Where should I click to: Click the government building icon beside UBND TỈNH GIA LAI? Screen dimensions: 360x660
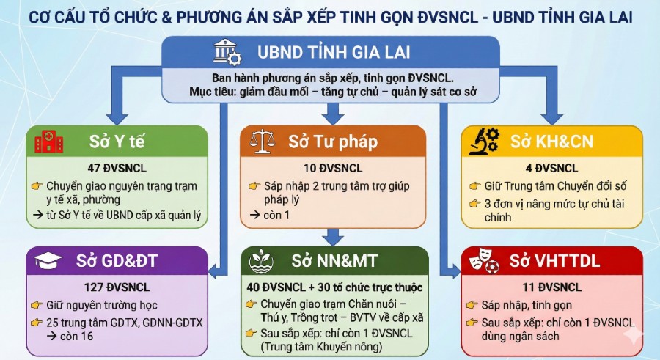pos(226,53)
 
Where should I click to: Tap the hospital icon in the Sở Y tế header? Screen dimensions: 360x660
pos(49,141)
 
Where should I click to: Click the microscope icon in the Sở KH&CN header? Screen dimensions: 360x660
pos(485,141)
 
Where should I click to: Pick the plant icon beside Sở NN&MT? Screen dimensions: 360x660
pos(263,260)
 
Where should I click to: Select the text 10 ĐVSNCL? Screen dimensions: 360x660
pos(333,167)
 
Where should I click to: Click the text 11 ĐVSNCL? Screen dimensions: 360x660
pos(551,287)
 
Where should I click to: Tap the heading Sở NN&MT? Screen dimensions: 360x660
pos(331,260)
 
